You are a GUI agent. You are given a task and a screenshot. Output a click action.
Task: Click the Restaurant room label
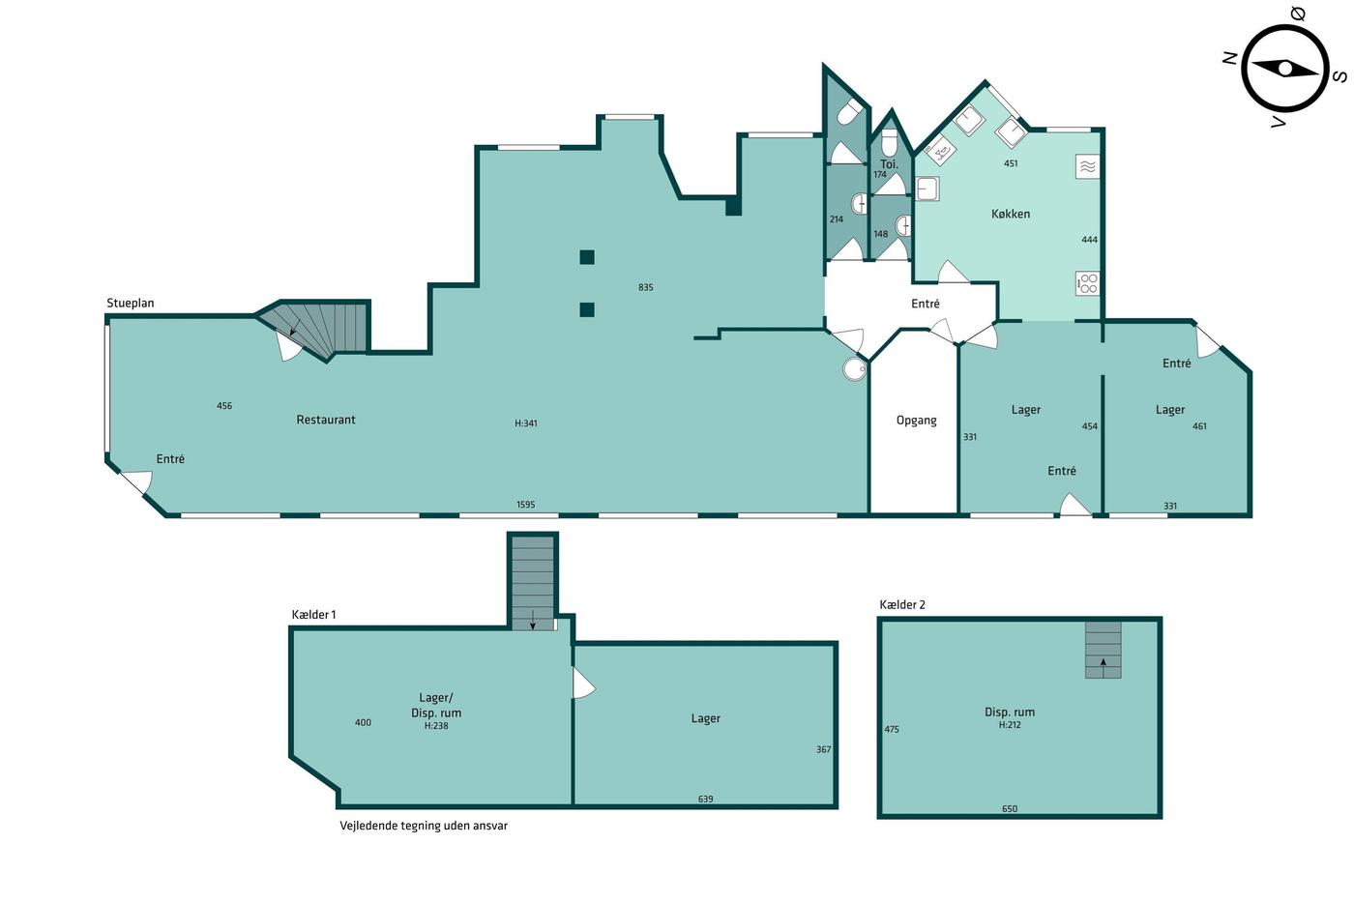tap(326, 420)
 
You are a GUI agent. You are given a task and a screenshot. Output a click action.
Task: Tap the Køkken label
tap(1011, 214)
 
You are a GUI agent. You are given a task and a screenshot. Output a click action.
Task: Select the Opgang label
tap(917, 421)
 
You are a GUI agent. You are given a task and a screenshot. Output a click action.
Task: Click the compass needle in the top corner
tap(1284, 69)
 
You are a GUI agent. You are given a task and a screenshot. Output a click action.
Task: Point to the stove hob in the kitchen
tap(1087, 283)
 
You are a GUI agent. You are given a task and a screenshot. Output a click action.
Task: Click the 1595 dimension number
tap(525, 505)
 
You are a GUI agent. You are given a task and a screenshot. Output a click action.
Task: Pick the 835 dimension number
tap(646, 287)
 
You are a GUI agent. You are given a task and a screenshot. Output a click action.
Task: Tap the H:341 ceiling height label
tap(526, 423)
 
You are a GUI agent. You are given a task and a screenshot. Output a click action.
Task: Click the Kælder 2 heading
tap(901, 605)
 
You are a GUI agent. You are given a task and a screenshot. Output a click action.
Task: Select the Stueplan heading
tap(130, 304)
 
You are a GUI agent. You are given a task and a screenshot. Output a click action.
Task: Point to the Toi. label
tap(889, 164)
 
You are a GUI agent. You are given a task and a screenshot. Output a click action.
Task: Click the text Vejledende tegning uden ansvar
tap(424, 826)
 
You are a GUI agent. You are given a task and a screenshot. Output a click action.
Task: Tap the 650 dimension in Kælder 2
tap(1010, 808)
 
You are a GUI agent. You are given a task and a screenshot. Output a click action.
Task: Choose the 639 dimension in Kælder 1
tap(705, 799)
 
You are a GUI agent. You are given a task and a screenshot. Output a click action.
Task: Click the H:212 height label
tap(1010, 725)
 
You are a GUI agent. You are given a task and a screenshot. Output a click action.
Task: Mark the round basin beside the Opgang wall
tap(855, 368)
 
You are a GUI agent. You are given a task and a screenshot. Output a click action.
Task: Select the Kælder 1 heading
tap(313, 615)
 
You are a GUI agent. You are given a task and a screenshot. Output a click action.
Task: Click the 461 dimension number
tap(1199, 426)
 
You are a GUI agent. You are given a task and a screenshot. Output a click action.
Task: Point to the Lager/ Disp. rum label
tap(436, 705)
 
